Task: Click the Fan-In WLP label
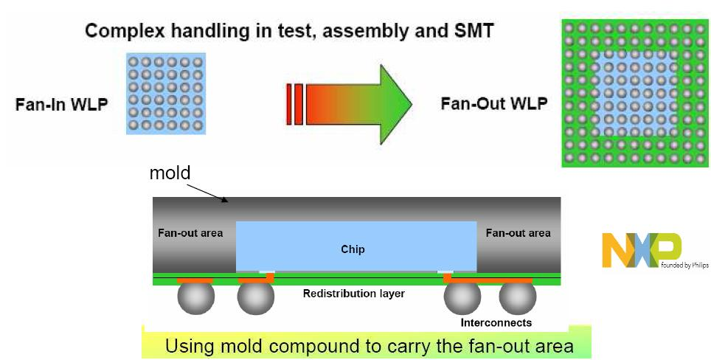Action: (62, 105)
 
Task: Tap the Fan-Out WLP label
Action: (493, 103)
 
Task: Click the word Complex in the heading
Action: (119, 31)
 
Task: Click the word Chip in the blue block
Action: (353, 249)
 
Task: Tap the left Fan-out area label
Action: (190, 233)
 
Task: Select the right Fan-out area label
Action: (518, 233)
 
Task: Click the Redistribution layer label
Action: (353, 294)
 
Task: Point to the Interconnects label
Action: (496, 323)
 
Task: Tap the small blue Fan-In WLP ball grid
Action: (165, 92)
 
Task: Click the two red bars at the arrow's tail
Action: (295, 103)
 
